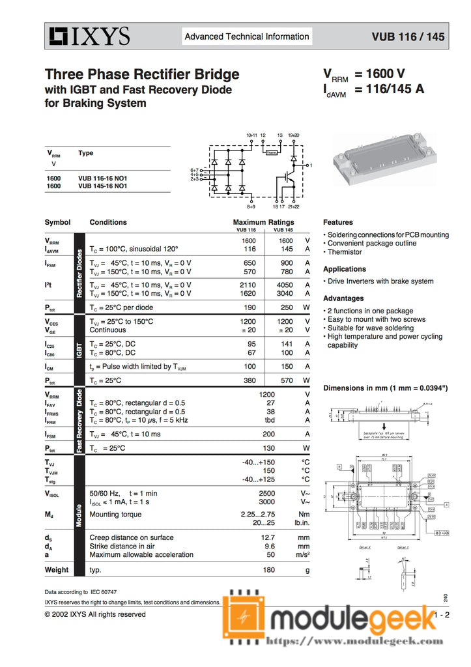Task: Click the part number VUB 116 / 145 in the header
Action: [408, 37]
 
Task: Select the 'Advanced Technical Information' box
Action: [247, 36]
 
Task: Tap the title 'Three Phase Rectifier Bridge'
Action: [142, 74]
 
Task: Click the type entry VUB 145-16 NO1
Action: [102, 186]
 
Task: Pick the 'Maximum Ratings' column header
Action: [263, 222]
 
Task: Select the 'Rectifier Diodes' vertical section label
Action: [79, 273]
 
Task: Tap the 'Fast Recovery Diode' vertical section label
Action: [79, 421]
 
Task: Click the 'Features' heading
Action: [338, 222]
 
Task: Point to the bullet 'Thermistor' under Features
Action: [345, 252]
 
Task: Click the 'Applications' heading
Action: [345, 269]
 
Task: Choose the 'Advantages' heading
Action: [343, 298]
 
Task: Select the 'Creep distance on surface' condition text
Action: [132, 538]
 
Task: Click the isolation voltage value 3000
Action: [266, 502]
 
